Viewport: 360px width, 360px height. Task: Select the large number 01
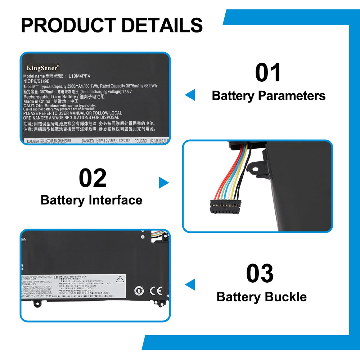(268, 73)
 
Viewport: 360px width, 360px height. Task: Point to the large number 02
(93, 178)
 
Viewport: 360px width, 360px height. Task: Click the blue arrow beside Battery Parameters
(190, 95)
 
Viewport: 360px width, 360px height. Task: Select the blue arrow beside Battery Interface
(163, 183)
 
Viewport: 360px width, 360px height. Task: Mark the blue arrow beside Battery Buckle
(190, 284)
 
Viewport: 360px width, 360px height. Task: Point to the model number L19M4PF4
(79, 76)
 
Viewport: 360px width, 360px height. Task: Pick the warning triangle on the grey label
(119, 279)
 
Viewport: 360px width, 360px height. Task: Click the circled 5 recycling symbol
(139, 291)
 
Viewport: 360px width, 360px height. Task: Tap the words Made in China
(37, 102)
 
